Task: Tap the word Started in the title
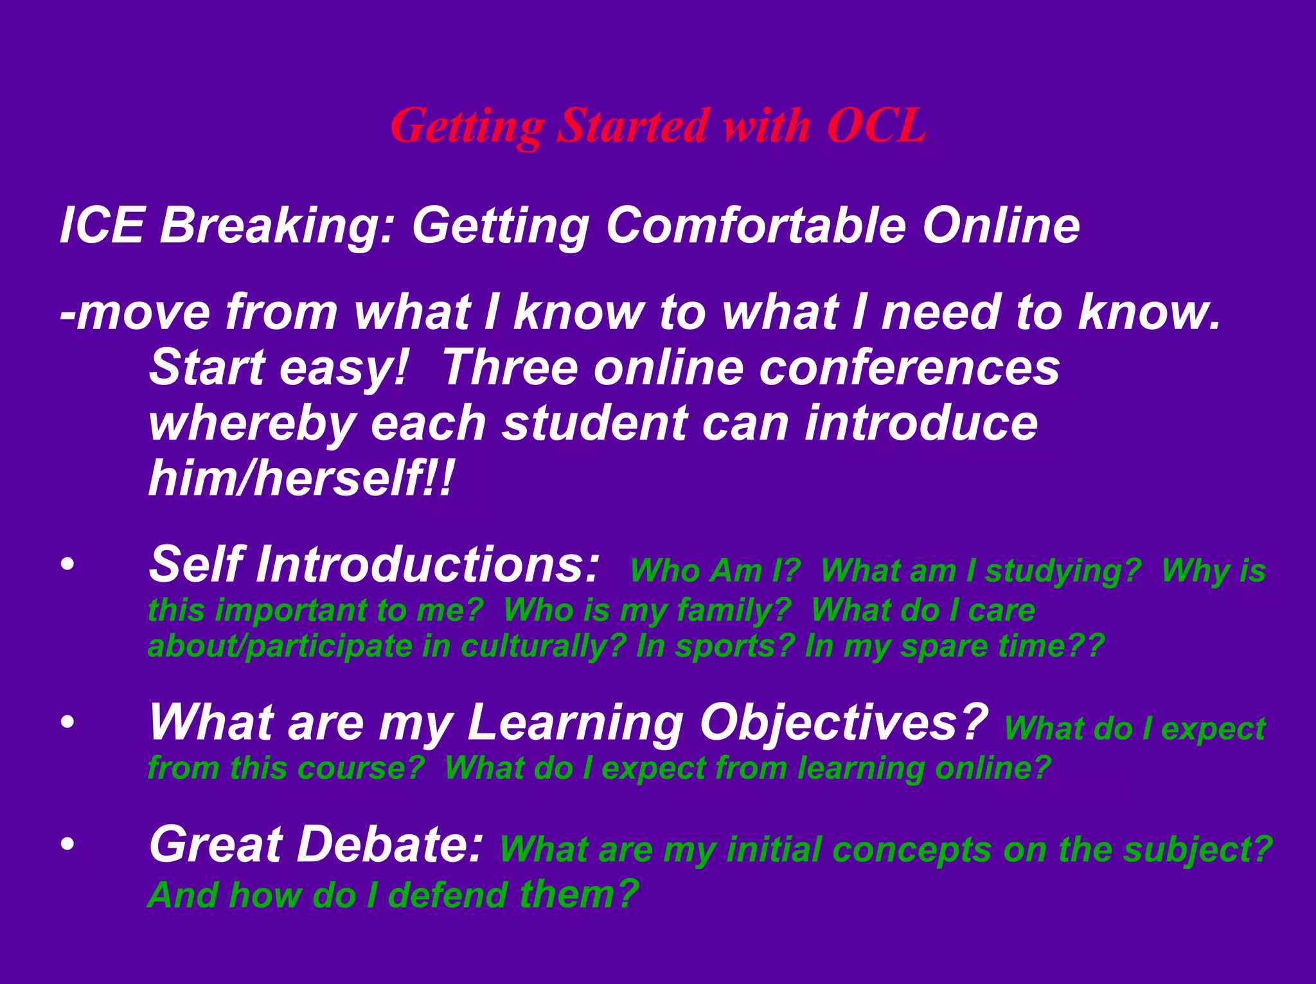coord(633,125)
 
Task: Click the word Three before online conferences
coord(510,368)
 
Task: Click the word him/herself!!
coord(301,479)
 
